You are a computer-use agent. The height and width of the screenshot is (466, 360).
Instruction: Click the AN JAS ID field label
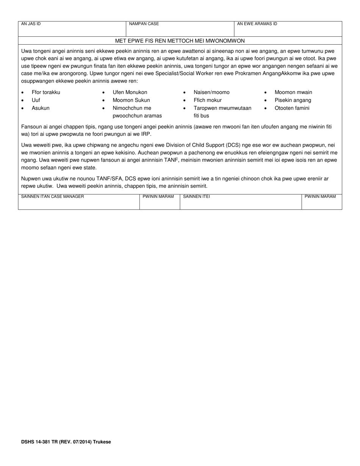click(x=31, y=24)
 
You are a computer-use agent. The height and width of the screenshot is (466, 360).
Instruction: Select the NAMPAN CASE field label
click(x=144, y=24)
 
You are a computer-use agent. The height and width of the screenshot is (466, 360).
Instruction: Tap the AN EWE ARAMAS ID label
click(x=257, y=24)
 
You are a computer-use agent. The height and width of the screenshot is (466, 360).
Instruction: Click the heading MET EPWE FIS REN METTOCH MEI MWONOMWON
click(x=180, y=41)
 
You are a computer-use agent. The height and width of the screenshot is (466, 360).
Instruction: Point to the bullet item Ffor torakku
click(x=46, y=92)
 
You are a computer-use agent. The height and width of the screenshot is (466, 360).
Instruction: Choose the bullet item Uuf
click(x=36, y=100)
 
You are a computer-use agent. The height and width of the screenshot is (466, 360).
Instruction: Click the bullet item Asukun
click(x=41, y=108)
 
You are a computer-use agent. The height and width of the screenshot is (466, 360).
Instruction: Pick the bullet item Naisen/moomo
click(x=211, y=92)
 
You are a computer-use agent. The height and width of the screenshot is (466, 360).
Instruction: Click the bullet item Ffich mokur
click(x=208, y=100)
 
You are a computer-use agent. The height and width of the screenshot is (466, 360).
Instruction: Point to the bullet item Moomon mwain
click(x=293, y=92)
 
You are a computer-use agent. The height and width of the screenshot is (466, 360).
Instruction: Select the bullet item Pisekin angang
click(x=293, y=100)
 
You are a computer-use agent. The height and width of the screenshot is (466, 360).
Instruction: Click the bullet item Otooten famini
click(x=292, y=108)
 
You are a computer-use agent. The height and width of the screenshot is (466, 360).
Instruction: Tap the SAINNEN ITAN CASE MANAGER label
click(x=53, y=197)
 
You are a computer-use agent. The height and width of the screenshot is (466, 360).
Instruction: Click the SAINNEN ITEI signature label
click(x=197, y=197)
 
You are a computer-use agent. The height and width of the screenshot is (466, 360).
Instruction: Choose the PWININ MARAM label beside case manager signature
click(x=158, y=197)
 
